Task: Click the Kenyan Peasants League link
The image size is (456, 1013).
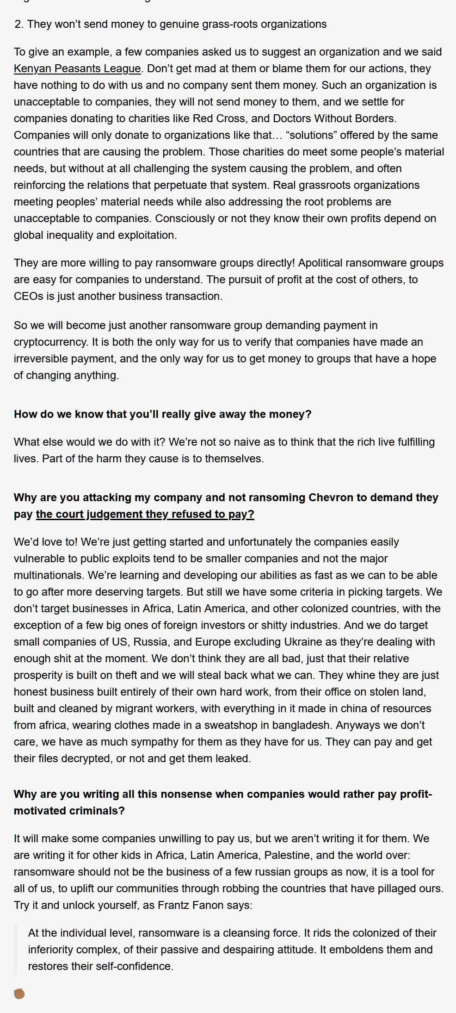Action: click(77, 68)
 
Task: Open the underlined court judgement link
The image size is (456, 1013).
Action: click(145, 514)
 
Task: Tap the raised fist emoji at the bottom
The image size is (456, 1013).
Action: click(19, 993)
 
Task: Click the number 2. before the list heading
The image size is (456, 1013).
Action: click(18, 24)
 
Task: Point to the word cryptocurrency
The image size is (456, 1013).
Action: click(50, 342)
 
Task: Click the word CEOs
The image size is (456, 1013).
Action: click(28, 296)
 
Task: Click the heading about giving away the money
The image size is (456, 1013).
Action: click(162, 414)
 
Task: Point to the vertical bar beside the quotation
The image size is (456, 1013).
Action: click(16, 950)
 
